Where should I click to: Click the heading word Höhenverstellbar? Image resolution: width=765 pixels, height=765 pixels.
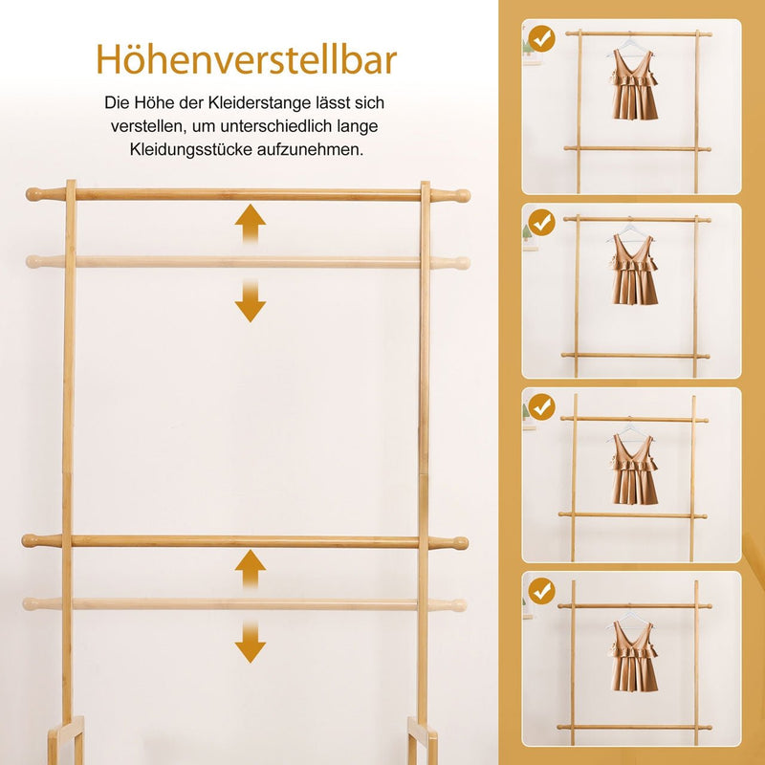(247, 59)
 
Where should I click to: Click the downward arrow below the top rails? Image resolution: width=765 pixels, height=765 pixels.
(251, 301)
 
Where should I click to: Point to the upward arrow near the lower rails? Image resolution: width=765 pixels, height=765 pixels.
(251, 570)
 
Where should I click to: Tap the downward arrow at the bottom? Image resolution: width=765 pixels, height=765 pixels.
(251, 644)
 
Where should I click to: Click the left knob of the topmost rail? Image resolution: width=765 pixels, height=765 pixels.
(36, 194)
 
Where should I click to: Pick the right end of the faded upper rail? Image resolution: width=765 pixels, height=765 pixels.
(460, 262)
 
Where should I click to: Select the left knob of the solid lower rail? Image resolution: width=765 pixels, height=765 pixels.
(33, 541)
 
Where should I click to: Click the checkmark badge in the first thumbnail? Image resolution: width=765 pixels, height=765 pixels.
(542, 40)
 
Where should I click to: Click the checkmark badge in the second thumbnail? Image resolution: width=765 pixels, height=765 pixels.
(542, 224)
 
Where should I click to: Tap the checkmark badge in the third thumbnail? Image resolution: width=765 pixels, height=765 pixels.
(542, 407)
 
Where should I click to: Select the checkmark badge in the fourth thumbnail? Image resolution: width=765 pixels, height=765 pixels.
(542, 591)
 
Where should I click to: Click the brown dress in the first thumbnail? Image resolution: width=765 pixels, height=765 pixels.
(634, 85)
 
